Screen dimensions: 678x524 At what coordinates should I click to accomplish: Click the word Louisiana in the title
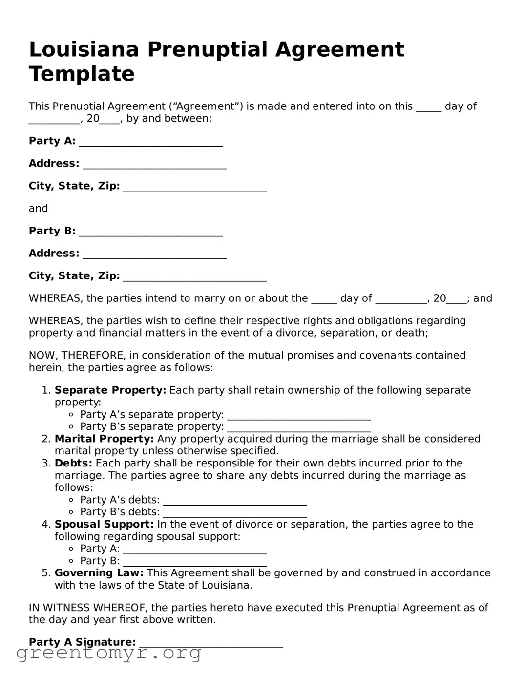pos(84,50)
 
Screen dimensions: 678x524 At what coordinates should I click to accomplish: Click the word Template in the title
pos(82,74)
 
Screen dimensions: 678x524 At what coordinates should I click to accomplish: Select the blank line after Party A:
pos(150,142)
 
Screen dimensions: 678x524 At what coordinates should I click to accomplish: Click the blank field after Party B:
pos(150,232)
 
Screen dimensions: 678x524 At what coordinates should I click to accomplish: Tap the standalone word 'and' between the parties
pos(38,209)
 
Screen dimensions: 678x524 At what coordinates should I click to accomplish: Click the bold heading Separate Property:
pos(110,390)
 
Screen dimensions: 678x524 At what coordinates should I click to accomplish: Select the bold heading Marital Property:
pos(104,439)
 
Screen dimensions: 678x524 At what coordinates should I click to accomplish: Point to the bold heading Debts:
pos(73,463)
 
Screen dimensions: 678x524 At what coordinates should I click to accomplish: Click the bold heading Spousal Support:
pos(104,525)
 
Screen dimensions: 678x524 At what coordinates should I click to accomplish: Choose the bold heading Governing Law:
pos(99,573)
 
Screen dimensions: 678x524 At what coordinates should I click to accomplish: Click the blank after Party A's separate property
pos(299,416)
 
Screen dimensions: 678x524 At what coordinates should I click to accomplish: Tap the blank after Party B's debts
pos(234,513)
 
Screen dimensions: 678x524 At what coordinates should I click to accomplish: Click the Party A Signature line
pos(211,643)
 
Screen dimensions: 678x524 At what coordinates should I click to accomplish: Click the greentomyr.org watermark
pos(109,653)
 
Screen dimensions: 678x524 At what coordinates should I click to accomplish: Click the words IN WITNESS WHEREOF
pos(88,608)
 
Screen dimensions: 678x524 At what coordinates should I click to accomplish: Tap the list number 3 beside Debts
pos(45,463)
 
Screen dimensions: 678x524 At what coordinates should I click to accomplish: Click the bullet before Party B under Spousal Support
pos(71,561)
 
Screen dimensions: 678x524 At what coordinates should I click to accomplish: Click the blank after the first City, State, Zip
pos(194,187)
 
